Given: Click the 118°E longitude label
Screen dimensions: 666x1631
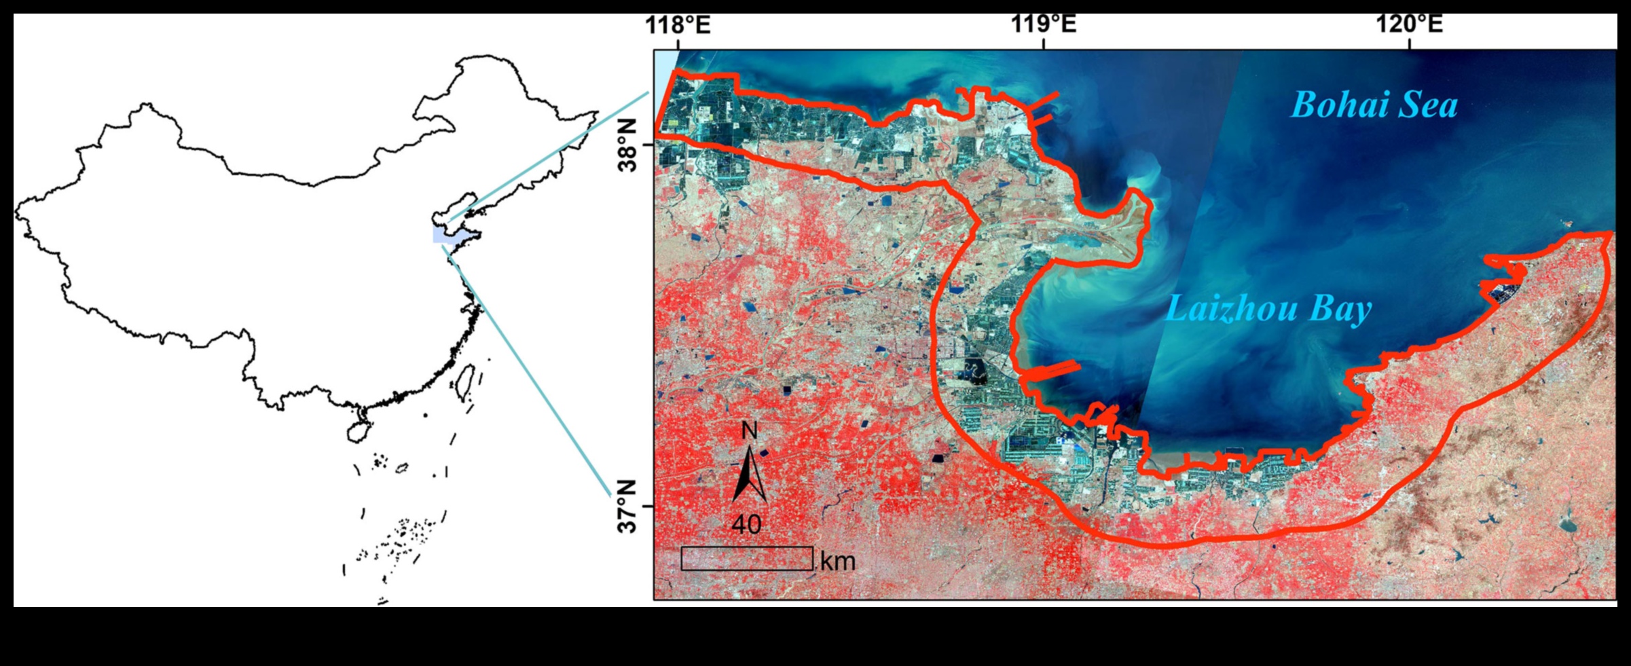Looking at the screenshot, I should point(677,25).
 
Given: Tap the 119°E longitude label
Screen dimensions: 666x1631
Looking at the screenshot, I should point(1044,25).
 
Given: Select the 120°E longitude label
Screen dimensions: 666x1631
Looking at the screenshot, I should point(1410,25).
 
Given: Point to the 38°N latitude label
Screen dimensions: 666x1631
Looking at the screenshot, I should point(627,145).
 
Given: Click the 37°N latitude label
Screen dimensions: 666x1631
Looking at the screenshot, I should point(627,506).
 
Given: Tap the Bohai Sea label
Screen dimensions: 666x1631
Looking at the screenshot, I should point(1374,106).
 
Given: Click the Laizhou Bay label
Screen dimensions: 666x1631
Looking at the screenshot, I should point(1268,310).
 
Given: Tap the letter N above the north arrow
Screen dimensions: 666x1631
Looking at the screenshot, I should point(749,430).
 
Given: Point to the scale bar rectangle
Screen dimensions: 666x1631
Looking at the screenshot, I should point(747,559).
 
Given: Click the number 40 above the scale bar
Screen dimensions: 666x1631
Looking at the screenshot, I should point(746,524).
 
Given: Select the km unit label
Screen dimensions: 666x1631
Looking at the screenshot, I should point(838,561).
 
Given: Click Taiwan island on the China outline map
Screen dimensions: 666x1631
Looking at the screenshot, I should point(466,381).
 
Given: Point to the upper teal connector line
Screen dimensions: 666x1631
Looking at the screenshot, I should point(550,156).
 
